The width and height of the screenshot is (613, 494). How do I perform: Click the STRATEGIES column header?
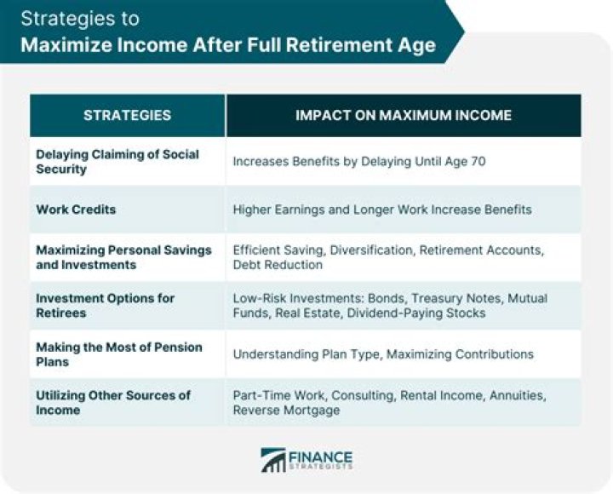tap(127, 115)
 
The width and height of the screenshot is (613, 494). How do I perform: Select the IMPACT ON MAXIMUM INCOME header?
tap(404, 115)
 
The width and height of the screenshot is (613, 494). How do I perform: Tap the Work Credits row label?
tap(77, 209)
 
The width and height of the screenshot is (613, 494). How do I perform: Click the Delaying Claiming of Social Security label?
tap(117, 161)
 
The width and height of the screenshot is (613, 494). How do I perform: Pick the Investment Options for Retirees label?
tap(105, 305)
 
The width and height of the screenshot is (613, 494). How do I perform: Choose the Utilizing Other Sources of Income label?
tap(112, 402)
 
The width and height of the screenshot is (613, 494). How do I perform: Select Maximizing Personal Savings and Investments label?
tap(123, 257)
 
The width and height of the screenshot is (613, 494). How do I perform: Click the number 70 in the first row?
tap(478, 161)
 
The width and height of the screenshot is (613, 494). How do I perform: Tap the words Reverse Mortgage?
tap(286, 411)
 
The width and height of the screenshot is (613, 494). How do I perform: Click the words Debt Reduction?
tap(278, 265)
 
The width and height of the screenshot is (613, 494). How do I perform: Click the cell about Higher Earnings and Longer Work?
tap(381, 210)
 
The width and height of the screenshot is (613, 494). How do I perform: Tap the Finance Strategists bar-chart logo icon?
tap(273, 460)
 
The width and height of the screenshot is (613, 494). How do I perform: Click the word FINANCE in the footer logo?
tap(322, 456)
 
